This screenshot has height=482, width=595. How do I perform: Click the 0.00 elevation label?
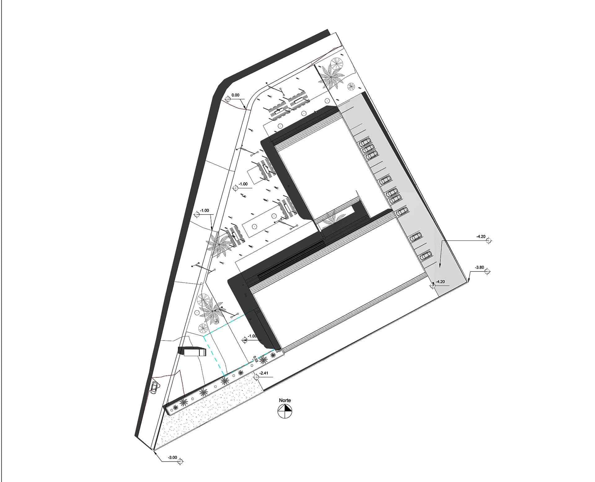point(235,95)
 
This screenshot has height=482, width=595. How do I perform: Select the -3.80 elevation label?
point(479,267)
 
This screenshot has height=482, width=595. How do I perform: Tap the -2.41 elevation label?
point(264,373)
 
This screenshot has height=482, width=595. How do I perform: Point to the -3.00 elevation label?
point(172,458)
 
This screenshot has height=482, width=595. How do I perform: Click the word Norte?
point(285,400)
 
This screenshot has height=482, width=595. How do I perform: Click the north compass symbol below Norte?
point(285,411)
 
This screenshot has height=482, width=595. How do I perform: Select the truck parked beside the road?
point(192,352)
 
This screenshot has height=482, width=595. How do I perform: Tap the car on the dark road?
point(154,387)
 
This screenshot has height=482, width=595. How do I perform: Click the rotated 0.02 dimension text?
point(255,359)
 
